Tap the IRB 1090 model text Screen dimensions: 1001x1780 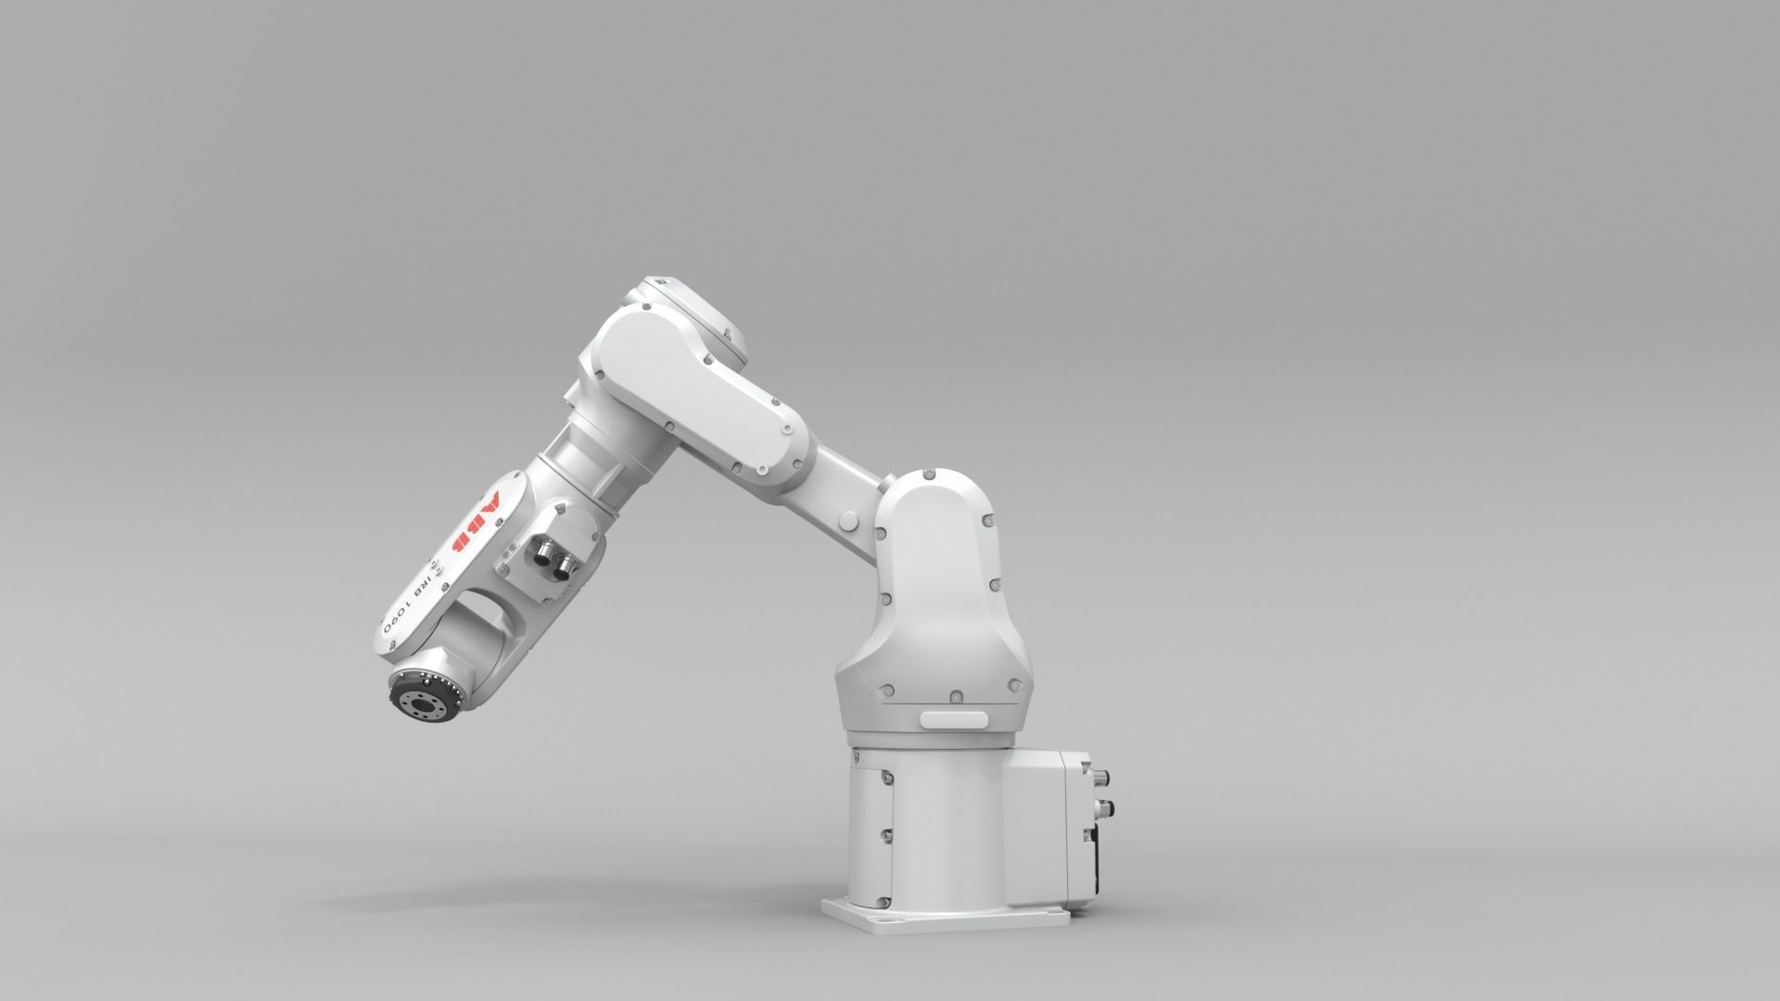click(411, 601)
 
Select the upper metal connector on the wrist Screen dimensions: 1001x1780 click(539, 550)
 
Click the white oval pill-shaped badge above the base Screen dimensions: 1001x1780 click(955, 719)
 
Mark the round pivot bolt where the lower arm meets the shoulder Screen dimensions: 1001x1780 click(846, 518)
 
